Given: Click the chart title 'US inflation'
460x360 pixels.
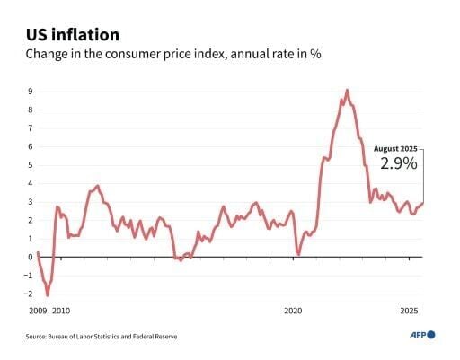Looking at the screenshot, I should [x=71, y=35].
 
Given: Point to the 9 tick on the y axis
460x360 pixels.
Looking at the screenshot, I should [x=30, y=91].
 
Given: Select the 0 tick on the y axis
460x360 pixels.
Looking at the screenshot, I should [x=30, y=257].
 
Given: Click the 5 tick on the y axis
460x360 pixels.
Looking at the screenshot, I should [x=30, y=164].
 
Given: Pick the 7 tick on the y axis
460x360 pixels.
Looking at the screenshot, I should [x=30, y=127].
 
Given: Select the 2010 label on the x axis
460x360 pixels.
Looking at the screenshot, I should [x=60, y=311].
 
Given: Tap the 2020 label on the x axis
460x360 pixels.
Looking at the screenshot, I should [x=294, y=311].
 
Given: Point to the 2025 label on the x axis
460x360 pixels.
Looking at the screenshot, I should [x=409, y=311].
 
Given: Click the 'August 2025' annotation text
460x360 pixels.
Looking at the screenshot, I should [x=395, y=149].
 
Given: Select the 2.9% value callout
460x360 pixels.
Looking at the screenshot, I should [x=398, y=164].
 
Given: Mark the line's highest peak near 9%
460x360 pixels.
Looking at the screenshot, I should [x=347, y=90].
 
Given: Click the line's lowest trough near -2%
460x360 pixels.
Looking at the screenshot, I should [x=47, y=294].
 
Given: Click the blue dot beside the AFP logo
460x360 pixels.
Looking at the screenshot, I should [x=431, y=335].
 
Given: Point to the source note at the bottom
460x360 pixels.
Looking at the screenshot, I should [x=101, y=336].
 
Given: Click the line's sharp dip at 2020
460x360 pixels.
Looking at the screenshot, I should [x=298, y=255].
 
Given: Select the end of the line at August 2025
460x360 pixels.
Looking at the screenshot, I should [x=422, y=203].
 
